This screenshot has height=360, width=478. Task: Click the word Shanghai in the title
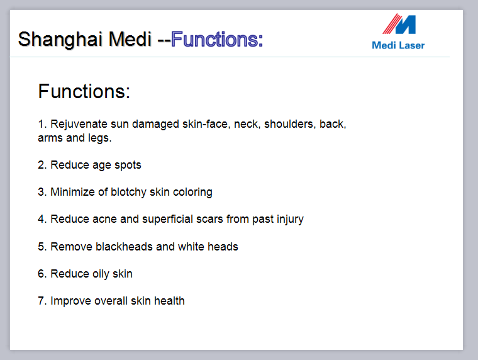click(x=60, y=40)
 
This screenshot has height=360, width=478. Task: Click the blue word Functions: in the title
click(x=217, y=40)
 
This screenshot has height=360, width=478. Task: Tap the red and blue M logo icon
click(x=399, y=24)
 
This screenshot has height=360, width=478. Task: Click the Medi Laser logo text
click(x=398, y=45)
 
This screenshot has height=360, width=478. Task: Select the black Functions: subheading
click(x=84, y=91)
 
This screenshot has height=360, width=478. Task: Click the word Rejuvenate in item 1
click(x=79, y=124)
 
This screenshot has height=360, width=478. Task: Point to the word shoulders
click(x=289, y=124)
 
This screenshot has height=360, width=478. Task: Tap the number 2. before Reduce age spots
click(x=42, y=165)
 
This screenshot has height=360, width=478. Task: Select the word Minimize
click(x=72, y=192)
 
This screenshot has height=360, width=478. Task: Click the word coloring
click(x=192, y=193)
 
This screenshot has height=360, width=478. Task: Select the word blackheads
click(x=124, y=247)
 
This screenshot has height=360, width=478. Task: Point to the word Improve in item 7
click(x=70, y=301)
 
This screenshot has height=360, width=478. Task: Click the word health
click(x=169, y=301)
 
